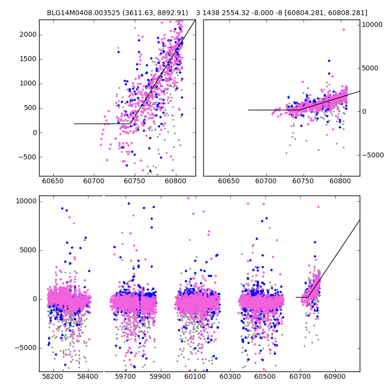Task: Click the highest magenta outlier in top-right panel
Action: [344, 29]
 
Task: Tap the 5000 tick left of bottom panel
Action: [26, 250]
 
